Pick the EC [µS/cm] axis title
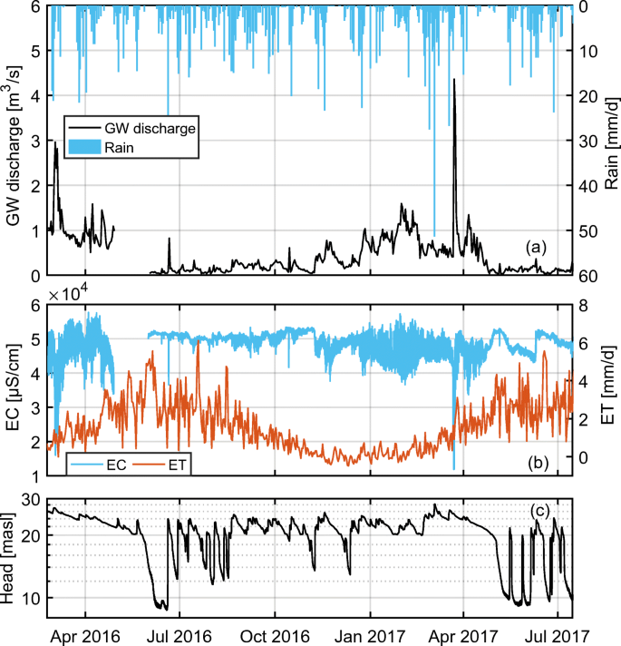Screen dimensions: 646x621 click(14, 391)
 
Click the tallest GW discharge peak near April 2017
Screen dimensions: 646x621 click(453, 81)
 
